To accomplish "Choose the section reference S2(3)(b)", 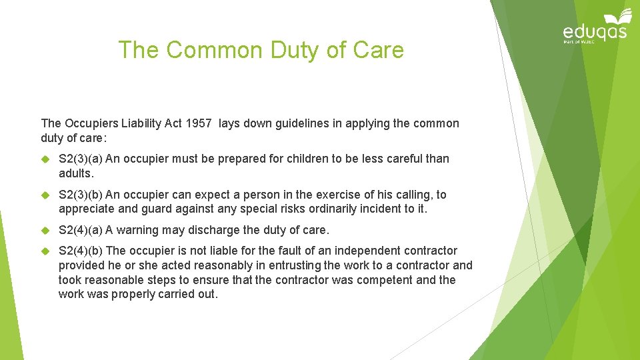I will pos(81,195).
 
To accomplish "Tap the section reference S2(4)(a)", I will pos(81,230).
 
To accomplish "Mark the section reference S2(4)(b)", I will pos(81,251).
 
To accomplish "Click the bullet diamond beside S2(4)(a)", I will pos(46,230).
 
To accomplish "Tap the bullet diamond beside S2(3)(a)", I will pos(46,159).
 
